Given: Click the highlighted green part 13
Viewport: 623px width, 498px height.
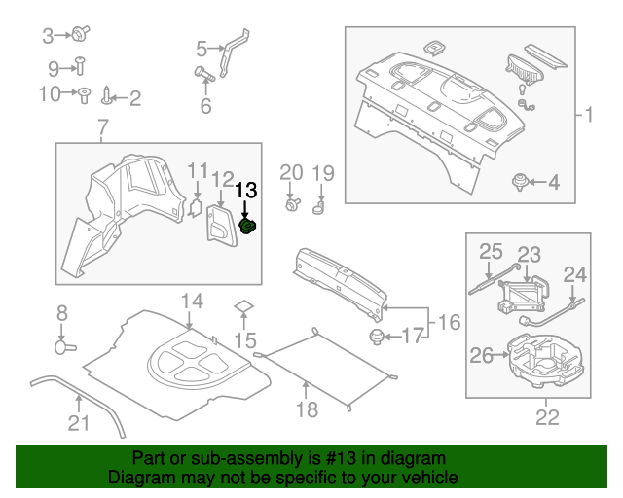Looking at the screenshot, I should click(x=247, y=227).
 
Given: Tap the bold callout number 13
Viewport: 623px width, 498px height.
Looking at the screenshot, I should click(x=246, y=190).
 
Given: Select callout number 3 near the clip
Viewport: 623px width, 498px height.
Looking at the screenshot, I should click(x=49, y=37).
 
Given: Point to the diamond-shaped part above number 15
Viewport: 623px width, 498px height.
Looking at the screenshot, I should click(x=243, y=308).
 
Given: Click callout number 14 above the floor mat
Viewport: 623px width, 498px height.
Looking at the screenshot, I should click(x=191, y=301).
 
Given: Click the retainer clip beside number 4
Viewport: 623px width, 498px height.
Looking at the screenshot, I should click(x=522, y=180).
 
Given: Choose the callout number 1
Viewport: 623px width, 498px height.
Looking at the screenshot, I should click(x=586, y=115).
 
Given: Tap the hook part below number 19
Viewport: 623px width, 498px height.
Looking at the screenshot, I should click(x=319, y=205).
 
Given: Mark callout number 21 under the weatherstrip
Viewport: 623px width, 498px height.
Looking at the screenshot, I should click(x=78, y=422).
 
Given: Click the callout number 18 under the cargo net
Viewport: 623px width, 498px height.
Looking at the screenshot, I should click(x=307, y=409).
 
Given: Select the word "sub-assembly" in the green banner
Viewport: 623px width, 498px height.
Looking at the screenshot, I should click(x=225, y=457).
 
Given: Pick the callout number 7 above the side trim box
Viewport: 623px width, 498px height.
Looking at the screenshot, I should click(x=103, y=126).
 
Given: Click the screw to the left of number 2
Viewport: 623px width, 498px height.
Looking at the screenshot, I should click(x=107, y=95).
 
